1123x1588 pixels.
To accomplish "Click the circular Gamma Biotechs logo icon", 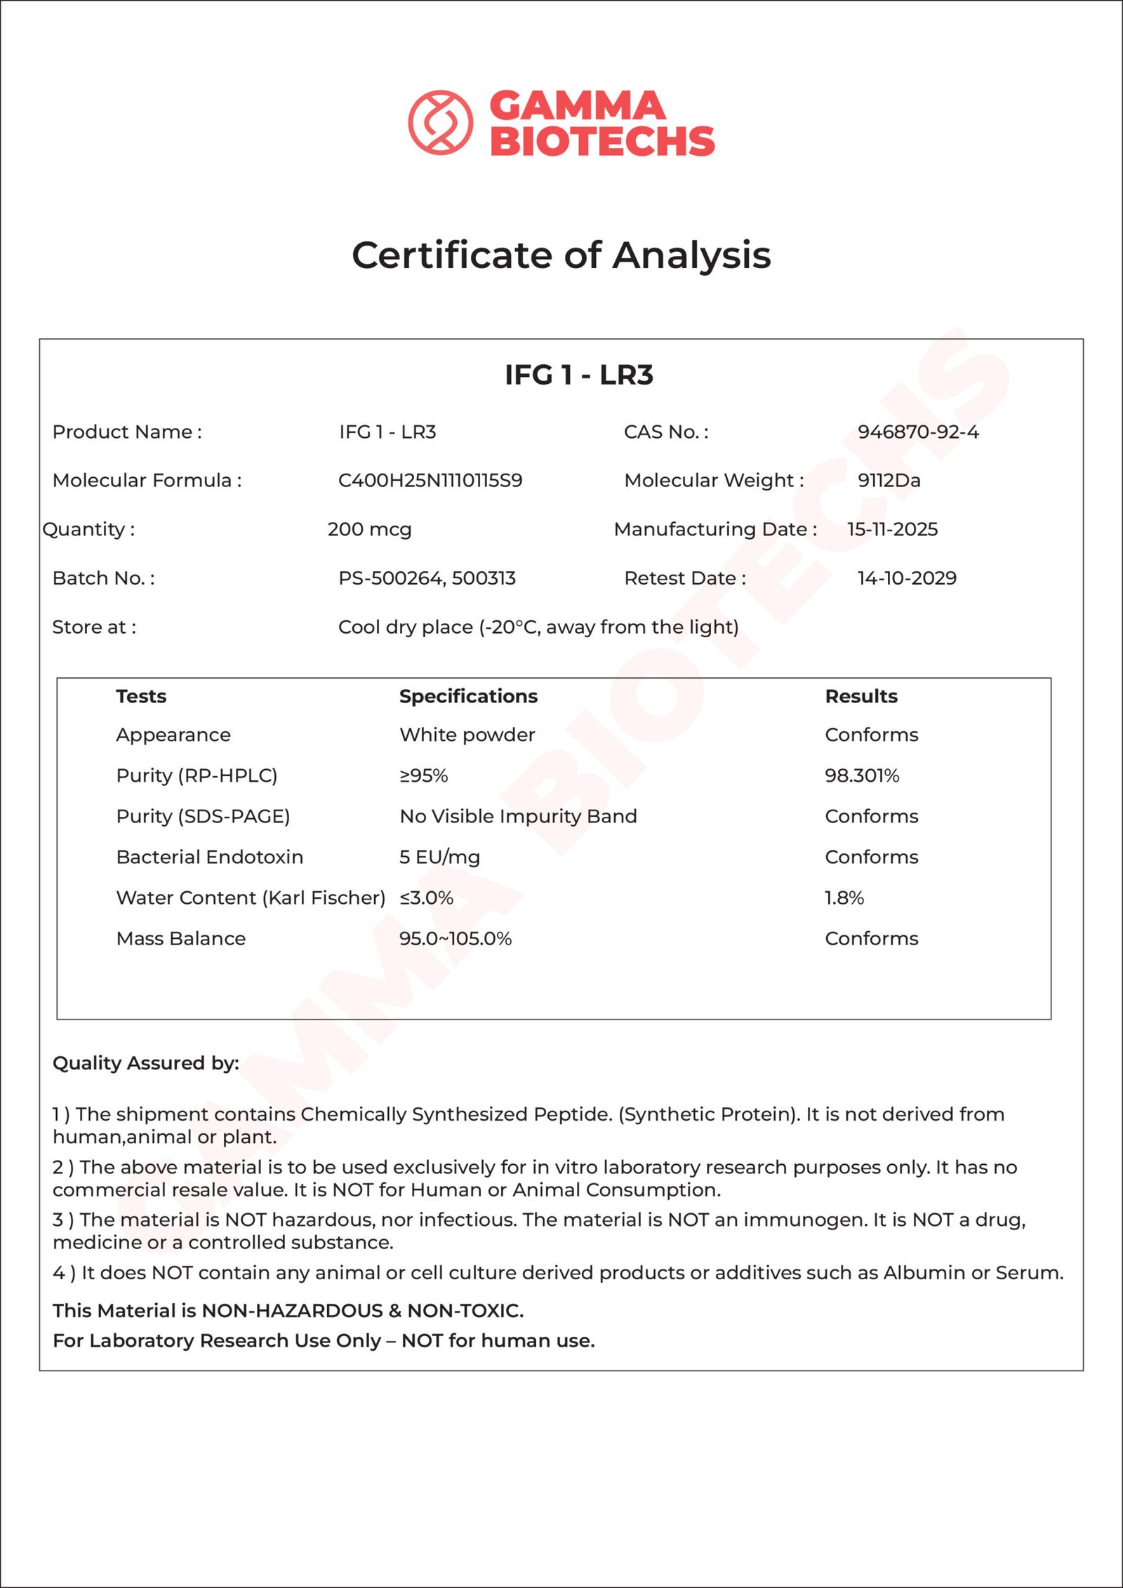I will [x=440, y=122].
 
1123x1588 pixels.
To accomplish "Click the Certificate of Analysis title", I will [x=561, y=255].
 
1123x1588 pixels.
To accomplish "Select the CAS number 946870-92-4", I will [x=917, y=432].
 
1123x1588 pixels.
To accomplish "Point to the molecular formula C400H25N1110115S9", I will [x=430, y=481].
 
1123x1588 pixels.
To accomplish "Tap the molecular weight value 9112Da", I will [x=889, y=481].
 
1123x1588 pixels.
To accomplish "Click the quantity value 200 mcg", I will [x=369, y=529].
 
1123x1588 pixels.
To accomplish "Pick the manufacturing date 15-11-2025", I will [x=892, y=529].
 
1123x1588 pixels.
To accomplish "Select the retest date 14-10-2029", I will [x=906, y=578].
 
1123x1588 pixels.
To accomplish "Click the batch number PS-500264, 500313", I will [x=427, y=578].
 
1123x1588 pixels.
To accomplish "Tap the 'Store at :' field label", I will [x=94, y=627].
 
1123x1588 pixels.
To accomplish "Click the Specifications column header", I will [x=468, y=696].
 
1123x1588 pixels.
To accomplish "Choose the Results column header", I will [x=861, y=696].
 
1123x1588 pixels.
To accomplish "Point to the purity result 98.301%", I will [x=862, y=775].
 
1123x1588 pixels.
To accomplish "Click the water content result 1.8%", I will [x=844, y=898].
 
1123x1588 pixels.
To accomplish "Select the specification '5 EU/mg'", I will [x=439, y=857].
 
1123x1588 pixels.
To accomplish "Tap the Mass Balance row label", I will [x=180, y=938].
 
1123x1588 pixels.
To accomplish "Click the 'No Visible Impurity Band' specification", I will [x=518, y=816].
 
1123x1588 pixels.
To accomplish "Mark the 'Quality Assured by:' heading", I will [x=146, y=1063].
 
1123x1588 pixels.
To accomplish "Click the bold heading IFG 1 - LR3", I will [x=578, y=375].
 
